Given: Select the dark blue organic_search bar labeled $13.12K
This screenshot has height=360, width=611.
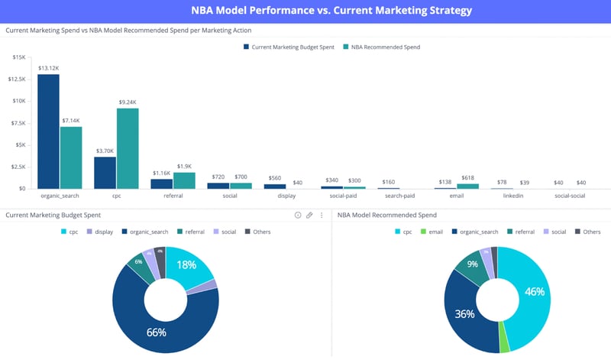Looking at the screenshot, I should pos(48,131).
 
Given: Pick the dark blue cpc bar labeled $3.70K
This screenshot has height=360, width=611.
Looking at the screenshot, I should pos(105,172).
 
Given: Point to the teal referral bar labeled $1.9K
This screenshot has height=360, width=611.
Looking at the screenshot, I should pos(184,180).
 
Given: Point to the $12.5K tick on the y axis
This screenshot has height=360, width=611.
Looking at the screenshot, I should pos(17,79).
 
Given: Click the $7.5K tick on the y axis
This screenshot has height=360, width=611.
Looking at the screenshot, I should pos(18,123).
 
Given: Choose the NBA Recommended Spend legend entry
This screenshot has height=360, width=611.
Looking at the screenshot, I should pos(381,47).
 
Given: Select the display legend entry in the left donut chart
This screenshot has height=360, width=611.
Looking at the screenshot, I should pos(101,231).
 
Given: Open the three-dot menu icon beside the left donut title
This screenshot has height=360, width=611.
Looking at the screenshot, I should pos(322,216).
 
